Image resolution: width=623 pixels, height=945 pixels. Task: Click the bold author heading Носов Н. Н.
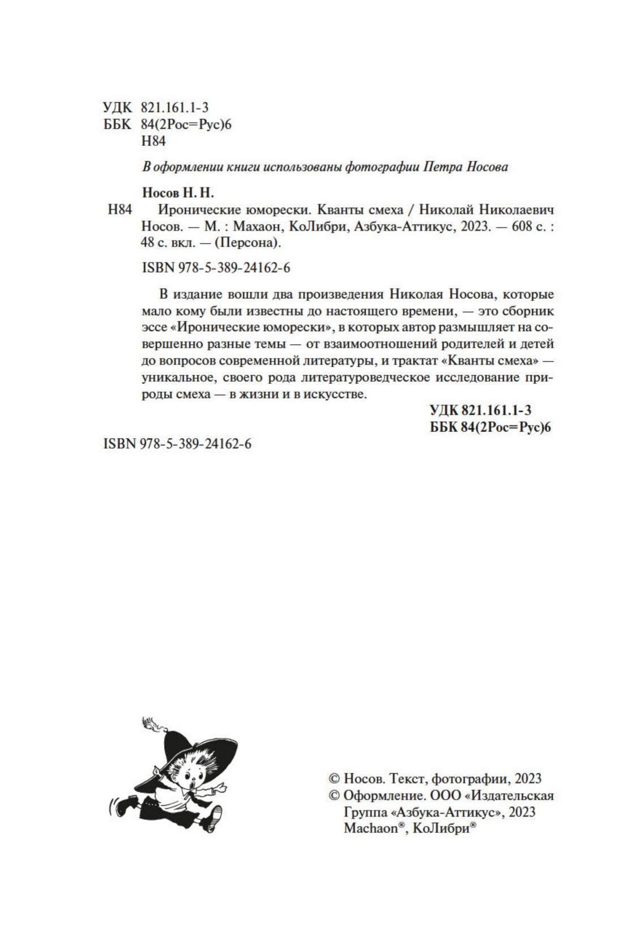point(178,193)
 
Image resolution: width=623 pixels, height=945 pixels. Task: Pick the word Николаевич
point(520,209)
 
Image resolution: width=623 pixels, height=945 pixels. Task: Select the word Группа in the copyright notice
point(364,812)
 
